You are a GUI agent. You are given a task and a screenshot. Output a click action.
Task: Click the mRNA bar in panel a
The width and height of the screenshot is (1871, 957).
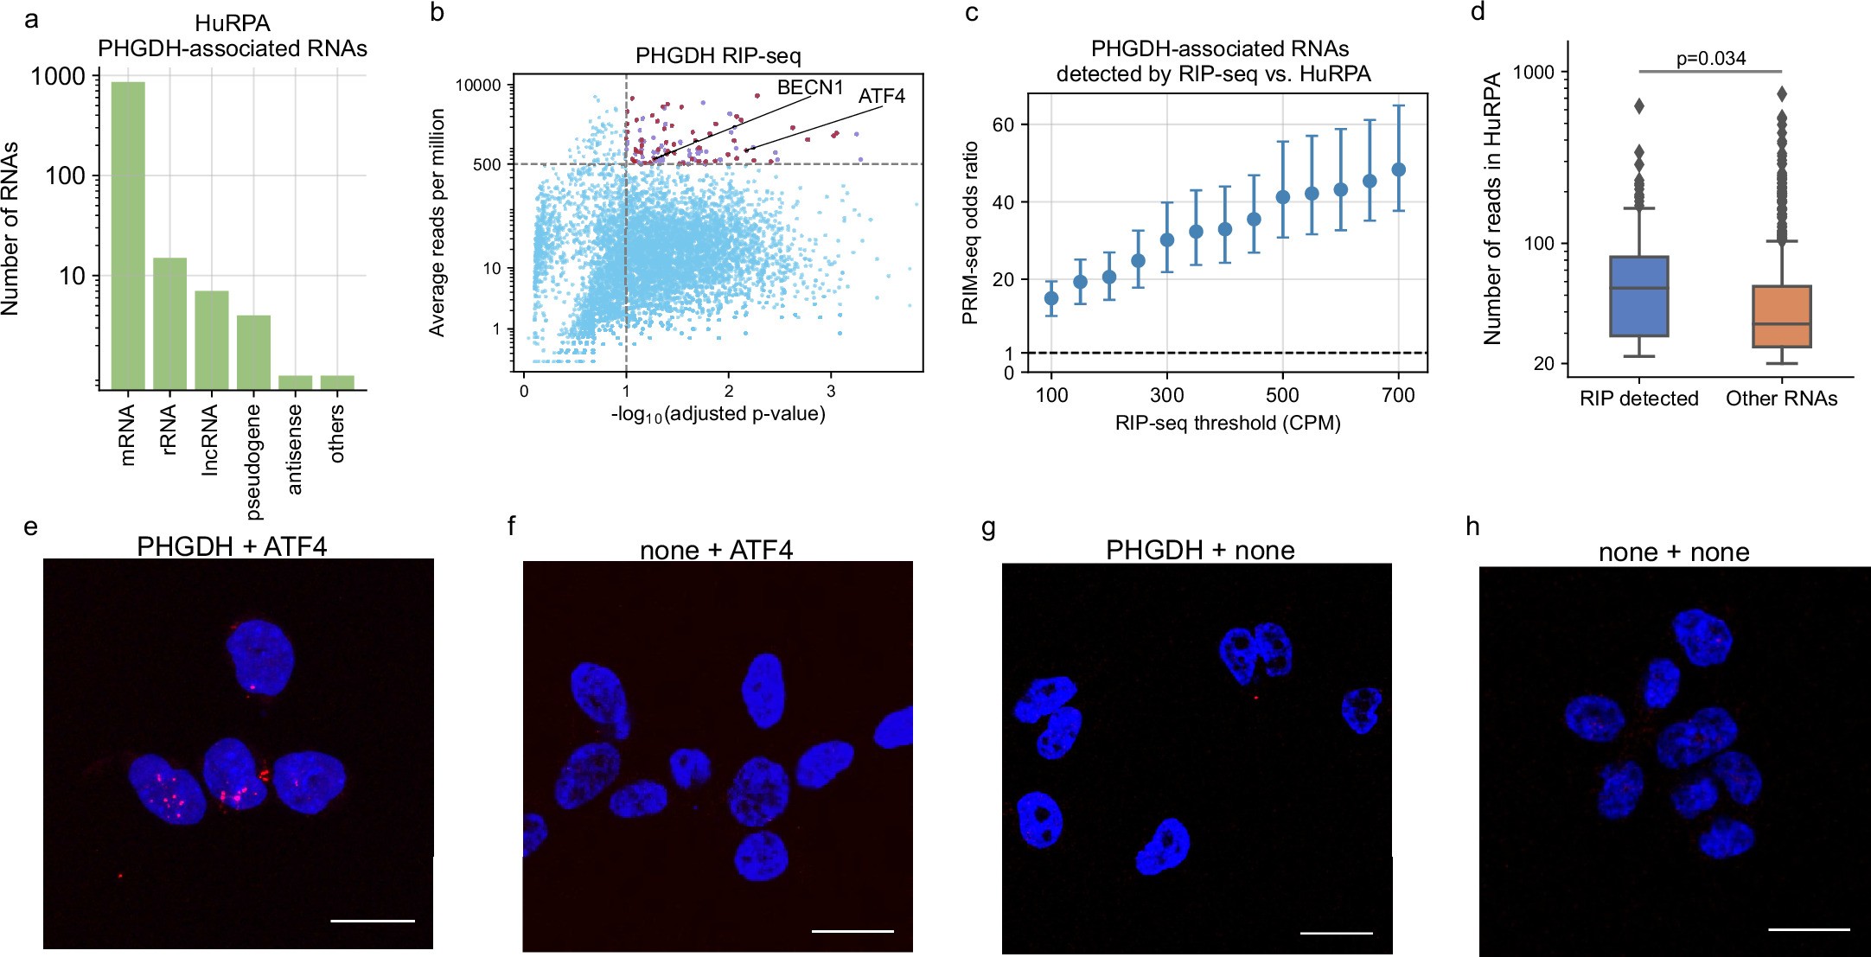pos(128,233)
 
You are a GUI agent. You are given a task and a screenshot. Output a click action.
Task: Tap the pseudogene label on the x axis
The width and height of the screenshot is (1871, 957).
pos(253,462)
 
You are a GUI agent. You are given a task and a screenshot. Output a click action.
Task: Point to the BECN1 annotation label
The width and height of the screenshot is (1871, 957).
pos(809,87)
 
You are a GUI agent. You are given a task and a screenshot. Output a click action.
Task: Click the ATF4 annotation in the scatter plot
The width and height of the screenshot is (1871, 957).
pos(881,96)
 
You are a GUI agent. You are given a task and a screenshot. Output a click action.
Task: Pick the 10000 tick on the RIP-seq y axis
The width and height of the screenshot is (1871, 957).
pos(478,85)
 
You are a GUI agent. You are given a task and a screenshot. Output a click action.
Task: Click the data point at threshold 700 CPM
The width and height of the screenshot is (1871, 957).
pos(1398,169)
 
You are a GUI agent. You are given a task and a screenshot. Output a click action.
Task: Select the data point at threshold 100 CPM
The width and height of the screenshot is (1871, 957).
pos(1051,298)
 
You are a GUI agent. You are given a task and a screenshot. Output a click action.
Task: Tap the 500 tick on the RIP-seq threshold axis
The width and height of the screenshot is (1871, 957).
pos(1282,396)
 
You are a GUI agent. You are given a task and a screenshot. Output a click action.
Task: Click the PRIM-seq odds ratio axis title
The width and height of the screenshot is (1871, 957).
pos(970,233)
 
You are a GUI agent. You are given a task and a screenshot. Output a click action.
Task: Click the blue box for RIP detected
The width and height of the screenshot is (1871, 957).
pos(1638,297)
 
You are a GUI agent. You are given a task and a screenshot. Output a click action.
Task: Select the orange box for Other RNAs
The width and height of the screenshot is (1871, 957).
pos(1781,316)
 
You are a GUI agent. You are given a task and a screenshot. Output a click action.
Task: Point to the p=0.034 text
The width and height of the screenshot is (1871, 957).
pos(1710,58)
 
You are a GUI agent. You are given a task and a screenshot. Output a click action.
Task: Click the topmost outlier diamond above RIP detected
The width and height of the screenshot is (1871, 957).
pos(1638,106)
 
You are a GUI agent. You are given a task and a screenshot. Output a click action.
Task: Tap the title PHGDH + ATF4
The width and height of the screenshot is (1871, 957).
pos(232,546)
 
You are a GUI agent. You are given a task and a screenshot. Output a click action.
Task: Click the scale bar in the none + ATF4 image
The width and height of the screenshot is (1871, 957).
pos(852,931)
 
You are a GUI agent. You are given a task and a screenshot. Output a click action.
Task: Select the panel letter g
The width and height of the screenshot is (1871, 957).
pos(989,526)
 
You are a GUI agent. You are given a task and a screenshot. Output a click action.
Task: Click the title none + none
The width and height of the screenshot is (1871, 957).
pos(1673,552)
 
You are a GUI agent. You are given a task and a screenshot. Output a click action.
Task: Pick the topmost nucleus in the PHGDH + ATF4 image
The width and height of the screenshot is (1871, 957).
pos(260,660)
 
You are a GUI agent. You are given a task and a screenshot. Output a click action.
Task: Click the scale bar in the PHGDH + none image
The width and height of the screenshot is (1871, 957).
pos(1336,933)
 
